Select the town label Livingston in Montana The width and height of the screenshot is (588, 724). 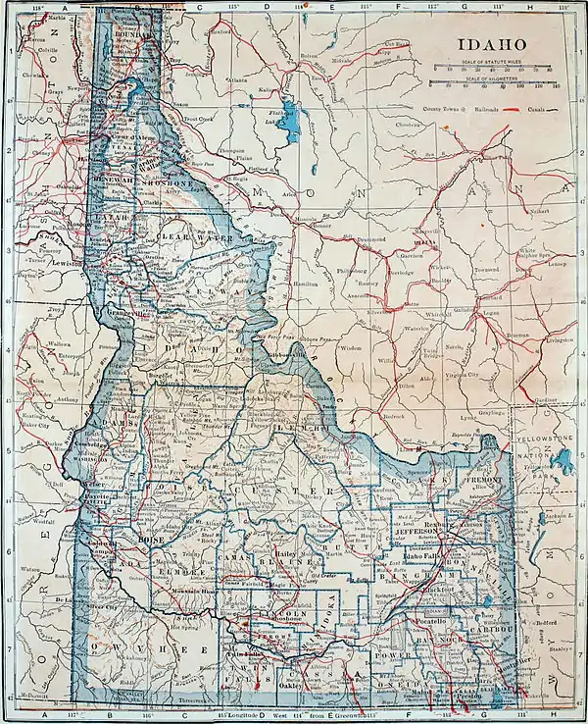560,339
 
